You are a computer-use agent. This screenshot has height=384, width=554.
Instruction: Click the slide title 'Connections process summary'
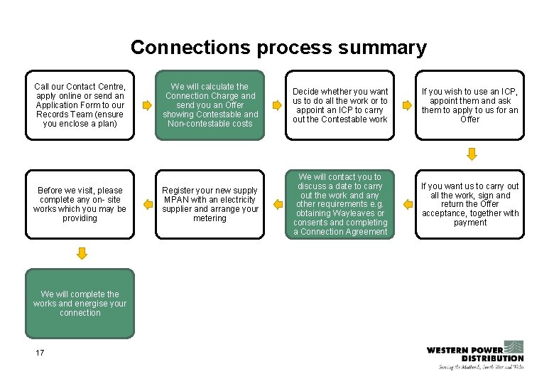(278, 48)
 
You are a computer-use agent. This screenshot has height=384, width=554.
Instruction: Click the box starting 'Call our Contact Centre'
(80, 105)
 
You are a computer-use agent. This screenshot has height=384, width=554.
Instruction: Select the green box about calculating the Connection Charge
(210, 105)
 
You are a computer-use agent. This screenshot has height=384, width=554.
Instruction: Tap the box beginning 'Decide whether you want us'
(340, 105)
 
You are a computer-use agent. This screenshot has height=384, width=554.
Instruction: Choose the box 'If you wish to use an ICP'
(470, 105)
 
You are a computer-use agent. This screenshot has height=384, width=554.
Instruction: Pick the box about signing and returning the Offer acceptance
(470, 205)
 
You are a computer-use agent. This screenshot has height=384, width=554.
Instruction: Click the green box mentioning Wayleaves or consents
(340, 205)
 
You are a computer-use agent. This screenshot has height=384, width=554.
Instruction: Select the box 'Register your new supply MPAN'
(210, 205)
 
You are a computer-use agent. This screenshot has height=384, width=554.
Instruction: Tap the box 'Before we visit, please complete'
(80, 205)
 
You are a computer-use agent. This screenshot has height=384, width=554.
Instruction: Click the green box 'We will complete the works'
(80, 304)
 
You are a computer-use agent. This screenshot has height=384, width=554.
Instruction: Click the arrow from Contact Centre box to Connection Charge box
(147, 105)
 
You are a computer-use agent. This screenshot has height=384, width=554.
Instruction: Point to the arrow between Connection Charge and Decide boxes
(277, 105)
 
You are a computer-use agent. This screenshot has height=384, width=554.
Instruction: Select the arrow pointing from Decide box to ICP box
(407, 105)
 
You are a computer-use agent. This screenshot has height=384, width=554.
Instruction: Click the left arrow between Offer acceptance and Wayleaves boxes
(408, 205)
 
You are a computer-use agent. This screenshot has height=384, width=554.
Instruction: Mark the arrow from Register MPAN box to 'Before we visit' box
(147, 205)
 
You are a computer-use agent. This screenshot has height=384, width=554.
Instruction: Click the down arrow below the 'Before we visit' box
(82, 253)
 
